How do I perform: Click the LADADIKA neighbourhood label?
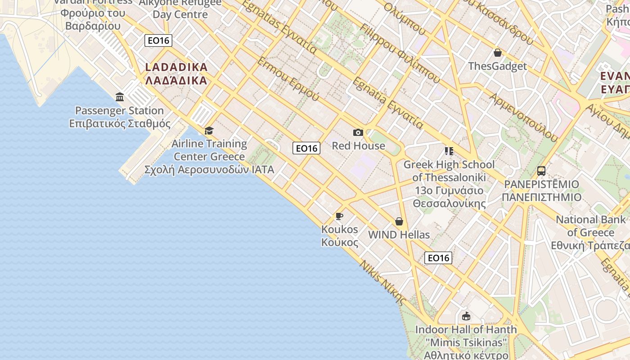click(x=176, y=74)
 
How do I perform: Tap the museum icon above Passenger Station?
click(x=120, y=97)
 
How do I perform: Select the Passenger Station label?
click(x=119, y=117)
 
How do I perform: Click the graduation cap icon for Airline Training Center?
click(x=209, y=130)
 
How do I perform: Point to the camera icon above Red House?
click(x=358, y=132)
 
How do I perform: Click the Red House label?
click(x=358, y=146)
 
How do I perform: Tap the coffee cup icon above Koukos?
click(x=339, y=216)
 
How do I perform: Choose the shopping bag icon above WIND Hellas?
click(x=399, y=221)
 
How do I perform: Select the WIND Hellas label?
click(x=399, y=235)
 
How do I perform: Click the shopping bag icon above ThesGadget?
click(x=498, y=53)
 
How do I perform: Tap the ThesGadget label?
click(x=497, y=66)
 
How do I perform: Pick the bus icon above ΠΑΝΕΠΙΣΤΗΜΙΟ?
click(x=541, y=171)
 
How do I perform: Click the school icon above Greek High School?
click(x=449, y=151)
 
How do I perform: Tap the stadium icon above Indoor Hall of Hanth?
click(x=466, y=316)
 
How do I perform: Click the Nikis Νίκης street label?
click(x=382, y=283)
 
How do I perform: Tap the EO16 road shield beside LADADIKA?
click(x=159, y=40)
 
